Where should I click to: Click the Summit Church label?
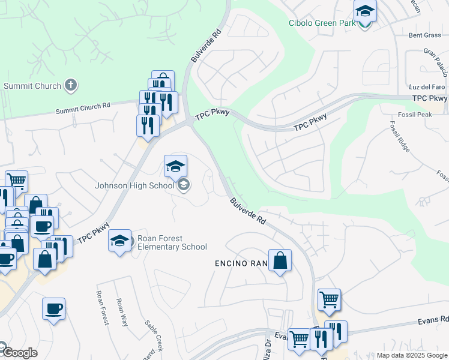pyautogui.click(x=32, y=86)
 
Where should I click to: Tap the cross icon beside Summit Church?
pyautogui.click(x=71, y=85)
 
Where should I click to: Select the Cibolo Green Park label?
pyautogui.click(x=322, y=24)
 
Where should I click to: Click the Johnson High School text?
pyautogui.click(x=134, y=185)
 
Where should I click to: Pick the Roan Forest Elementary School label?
pyautogui.click(x=172, y=242)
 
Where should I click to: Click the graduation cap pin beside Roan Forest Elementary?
pyautogui.click(x=120, y=242)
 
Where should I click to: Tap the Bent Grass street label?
pyautogui.click(x=424, y=35)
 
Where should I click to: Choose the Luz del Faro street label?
pyautogui.click(x=426, y=87)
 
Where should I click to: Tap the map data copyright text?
pyautogui.click(x=412, y=355)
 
